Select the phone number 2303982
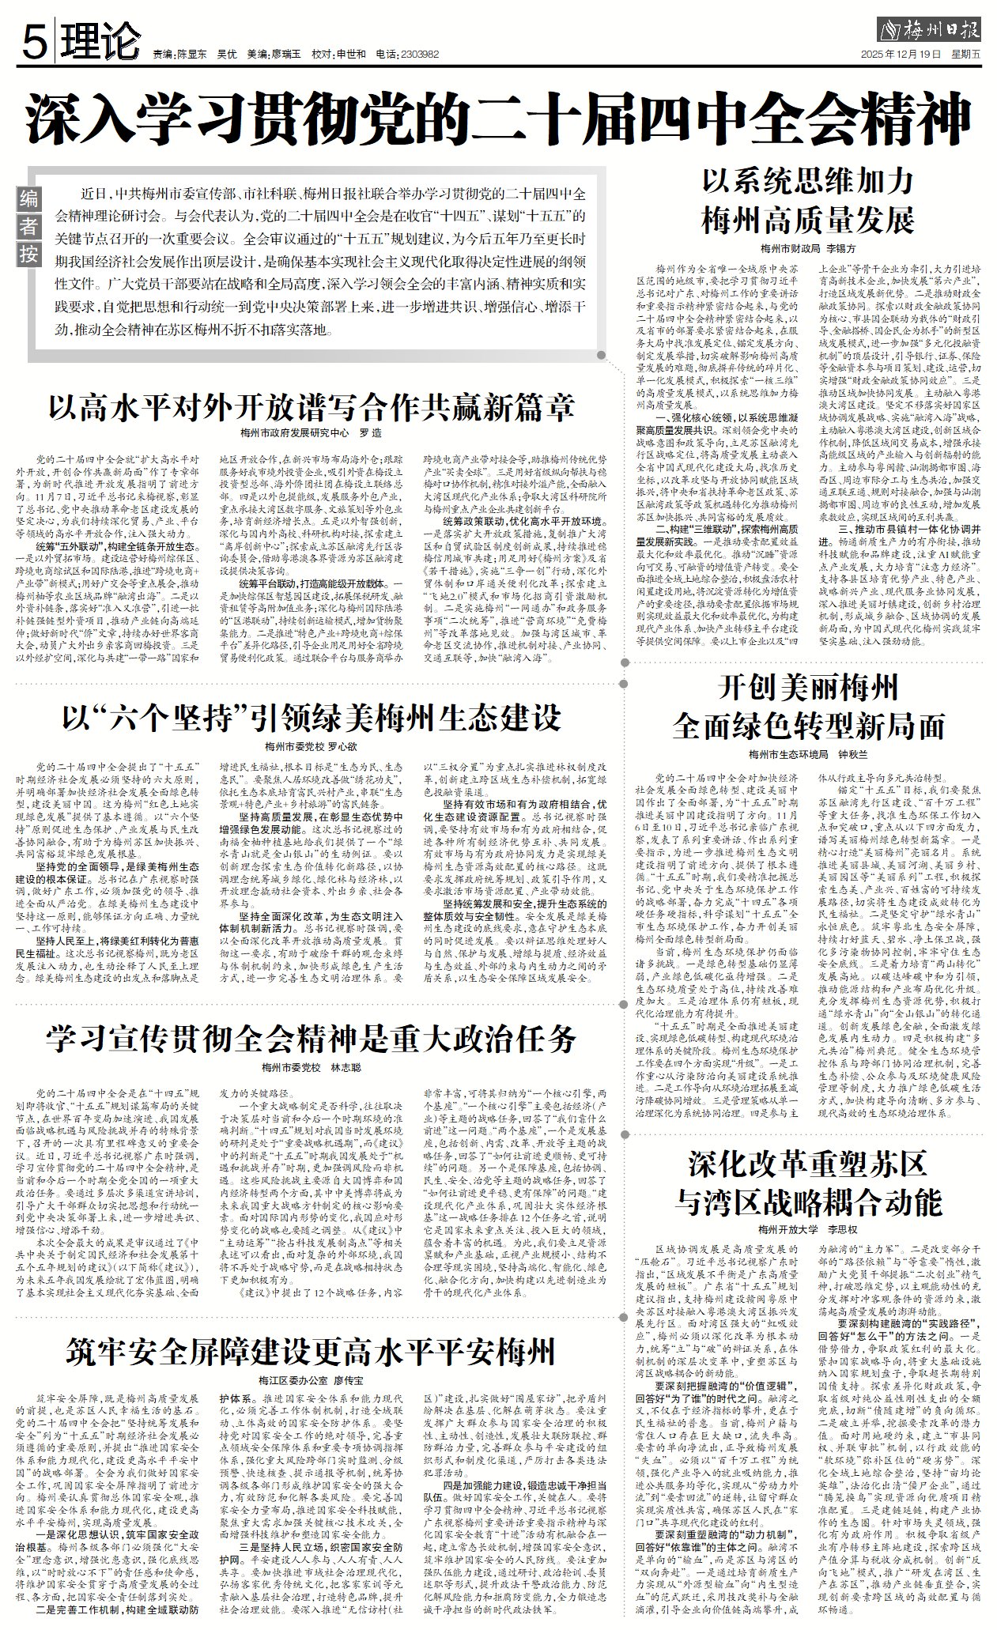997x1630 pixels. coord(419,55)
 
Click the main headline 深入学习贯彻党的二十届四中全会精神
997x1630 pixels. coord(498,119)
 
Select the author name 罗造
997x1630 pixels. coord(370,433)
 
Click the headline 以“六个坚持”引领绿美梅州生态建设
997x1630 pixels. coord(311,718)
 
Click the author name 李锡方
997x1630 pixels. coord(840,247)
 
